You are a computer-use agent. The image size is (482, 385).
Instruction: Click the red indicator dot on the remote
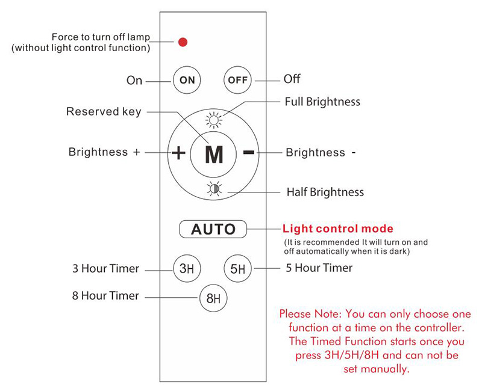pyautogui.click(x=183, y=42)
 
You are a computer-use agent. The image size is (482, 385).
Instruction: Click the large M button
pyautogui.click(x=214, y=155)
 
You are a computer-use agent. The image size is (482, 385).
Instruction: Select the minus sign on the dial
pyautogui.click(x=248, y=152)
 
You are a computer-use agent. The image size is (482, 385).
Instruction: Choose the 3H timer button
pyautogui.click(x=186, y=268)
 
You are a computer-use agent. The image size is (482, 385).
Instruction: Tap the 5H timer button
pyautogui.click(x=237, y=268)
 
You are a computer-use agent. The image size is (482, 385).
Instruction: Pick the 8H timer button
pyautogui.click(x=213, y=297)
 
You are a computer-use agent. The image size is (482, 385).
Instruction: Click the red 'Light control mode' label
pyautogui.click(x=337, y=229)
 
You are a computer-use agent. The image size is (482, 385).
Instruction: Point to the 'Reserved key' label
pyautogui.click(x=104, y=111)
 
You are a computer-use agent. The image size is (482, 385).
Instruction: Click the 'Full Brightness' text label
pyautogui.click(x=322, y=102)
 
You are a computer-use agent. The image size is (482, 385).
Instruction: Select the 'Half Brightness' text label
pyautogui.click(x=325, y=192)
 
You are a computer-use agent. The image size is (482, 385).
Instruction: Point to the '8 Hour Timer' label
pyautogui.click(x=105, y=295)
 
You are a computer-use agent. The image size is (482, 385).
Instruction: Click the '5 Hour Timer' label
pyautogui.click(x=319, y=268)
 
